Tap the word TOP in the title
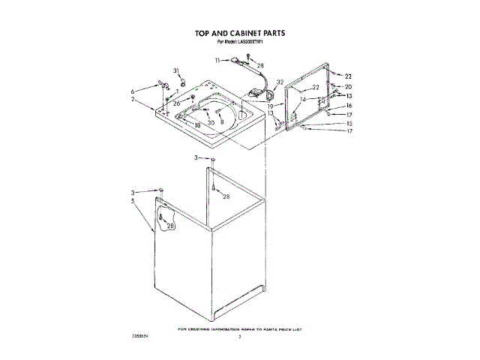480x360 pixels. [204, 34]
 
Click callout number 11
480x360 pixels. [217, 59]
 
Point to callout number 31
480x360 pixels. [177, 71]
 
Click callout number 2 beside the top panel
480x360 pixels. [132, 99]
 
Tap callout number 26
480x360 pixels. [177, 103]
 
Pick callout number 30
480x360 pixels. [211, 123]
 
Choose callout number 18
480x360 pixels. [197, 124]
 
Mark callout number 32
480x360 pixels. [280, 82]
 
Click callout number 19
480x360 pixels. [269, 106]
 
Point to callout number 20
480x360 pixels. [348, 87]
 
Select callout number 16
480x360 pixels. [348, 106]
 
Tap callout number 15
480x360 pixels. [348, 123]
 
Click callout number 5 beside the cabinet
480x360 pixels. [132, 201]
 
